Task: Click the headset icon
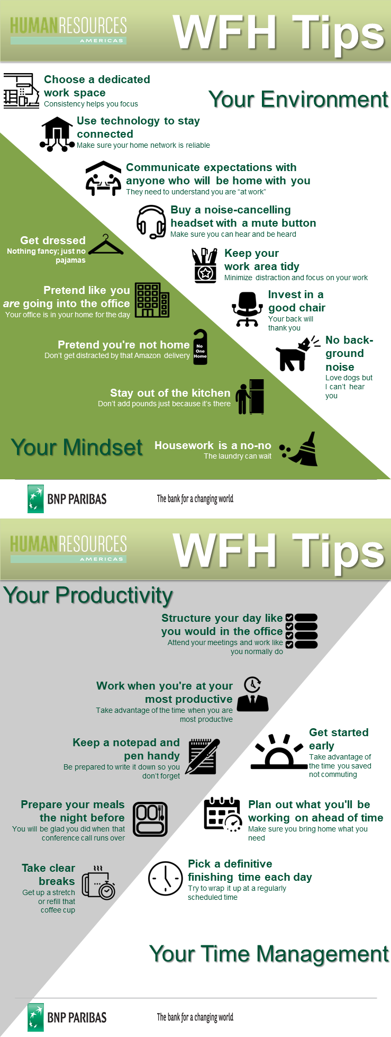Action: click(151, 222)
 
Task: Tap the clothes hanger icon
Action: click(106, 245)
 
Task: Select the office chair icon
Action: click(247, 309)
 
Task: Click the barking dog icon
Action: click(297, 354)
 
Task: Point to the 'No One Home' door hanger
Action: click(200, 347)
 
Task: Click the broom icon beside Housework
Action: click(299, 449)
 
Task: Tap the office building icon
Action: click(152, 300)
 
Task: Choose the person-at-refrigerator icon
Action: click(250, 397)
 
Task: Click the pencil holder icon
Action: click(205, 266)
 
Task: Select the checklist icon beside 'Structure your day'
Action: click(302, 631)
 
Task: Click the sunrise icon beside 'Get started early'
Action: click(279, 752)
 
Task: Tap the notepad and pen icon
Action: click(203, 756)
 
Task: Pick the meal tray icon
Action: click(150, 819)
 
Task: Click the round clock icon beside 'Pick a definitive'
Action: click(166, 878)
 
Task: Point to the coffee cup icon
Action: click(98, 883)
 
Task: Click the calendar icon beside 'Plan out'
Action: click(223, 815)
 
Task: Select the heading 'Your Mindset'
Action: click(77, 448)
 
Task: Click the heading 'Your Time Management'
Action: click(269, 954)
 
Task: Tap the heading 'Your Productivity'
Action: click(88, 596)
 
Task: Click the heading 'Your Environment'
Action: click(298, 99)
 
